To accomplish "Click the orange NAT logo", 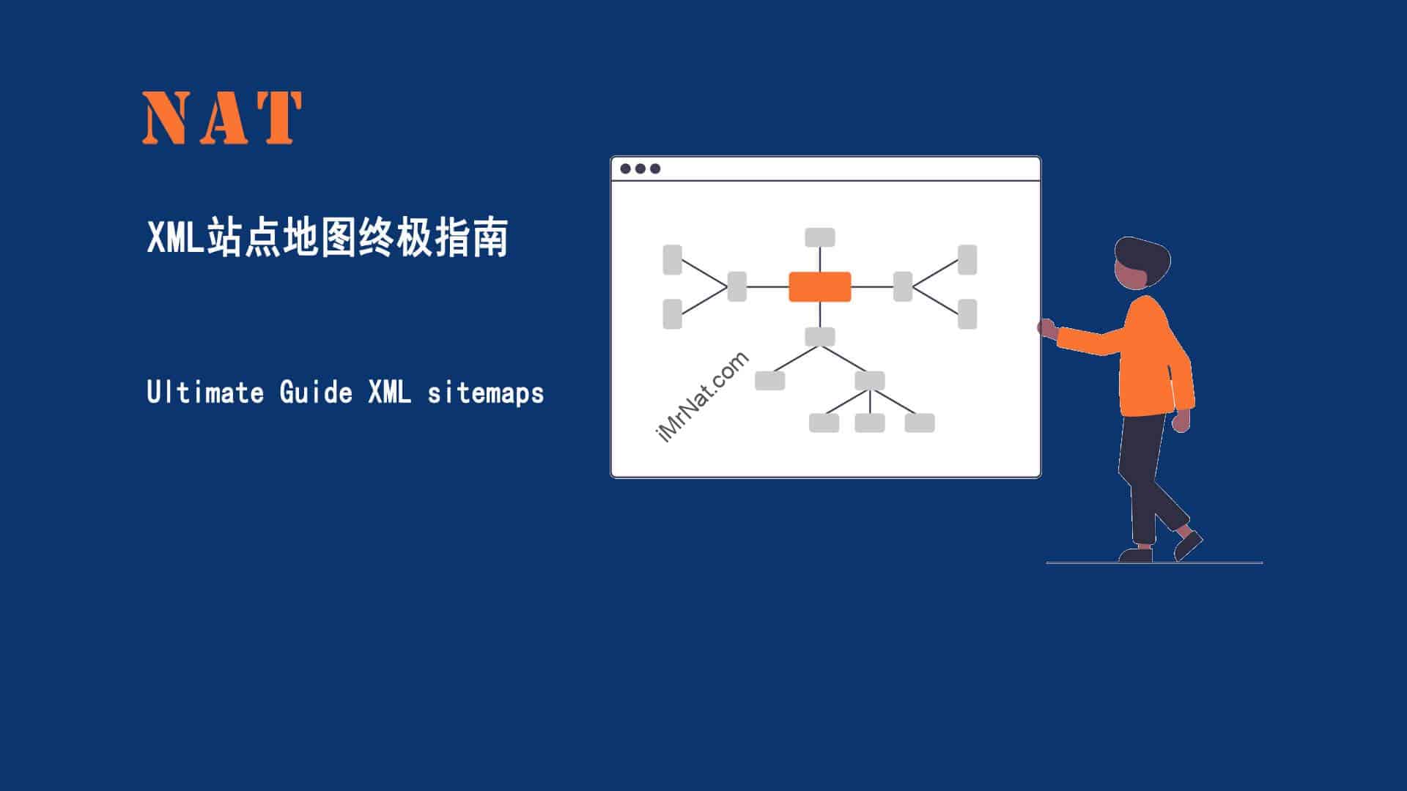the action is pyautogui.click(x=222, y=117).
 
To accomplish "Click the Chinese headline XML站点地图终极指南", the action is pyautogui.click(x=328, y=237).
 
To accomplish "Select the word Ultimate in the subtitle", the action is pyautogui.click(x=205, y=392).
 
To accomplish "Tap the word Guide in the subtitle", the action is pyautogui.click(x=316, y=392).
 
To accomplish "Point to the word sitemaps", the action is pyautogui.click(x=486, y=393).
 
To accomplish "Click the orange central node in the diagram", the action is pyautogui.click(x=820, y=286).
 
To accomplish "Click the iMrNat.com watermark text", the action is pyautogui.click(x=702, y=397).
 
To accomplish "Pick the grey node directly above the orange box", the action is pyautogui.click(x=820, y=237).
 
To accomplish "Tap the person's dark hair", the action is pyautogui.click(x=1143, y=258).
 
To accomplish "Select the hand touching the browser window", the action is pyautogui.click(x=1046, y=327).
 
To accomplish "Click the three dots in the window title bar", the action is pyautogui.click(x=640, y=168).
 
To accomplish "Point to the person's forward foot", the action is pyautogui.click(x=1188, y=546).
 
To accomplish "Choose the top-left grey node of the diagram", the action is pyautogui.click(x=672, y=260).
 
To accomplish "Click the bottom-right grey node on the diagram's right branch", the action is pyautogui.click(x=967, y=313).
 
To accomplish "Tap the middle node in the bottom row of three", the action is pyautogui.click(x=870, y=423).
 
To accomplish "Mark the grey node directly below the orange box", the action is pyautogui.click(x=820, y=336).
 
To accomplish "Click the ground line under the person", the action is pyautogui.click(x=1154, y=562).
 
